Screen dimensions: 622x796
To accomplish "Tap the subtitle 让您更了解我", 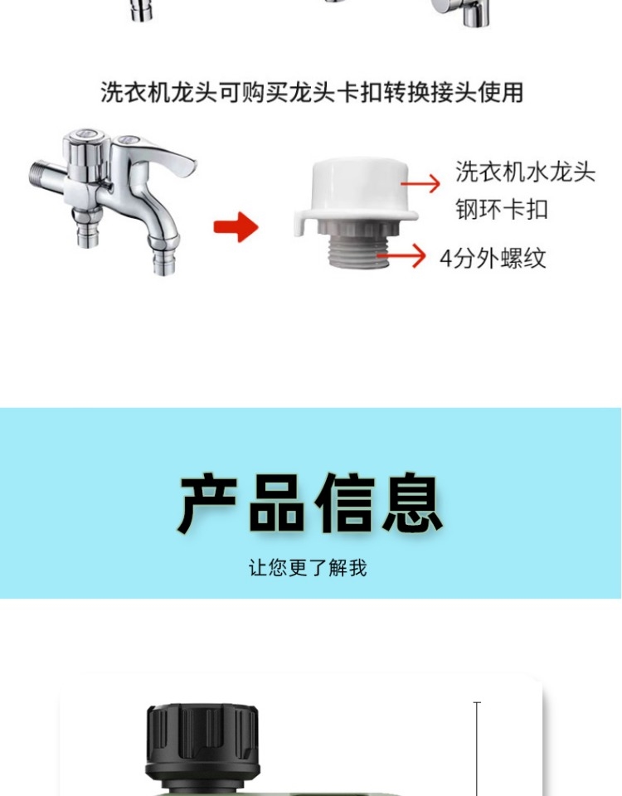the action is [308, 567].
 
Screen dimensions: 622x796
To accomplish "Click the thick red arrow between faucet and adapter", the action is [236, 226].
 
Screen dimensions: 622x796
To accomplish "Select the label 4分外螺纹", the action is [493, 258].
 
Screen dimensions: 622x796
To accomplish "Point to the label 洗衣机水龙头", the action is [525, 172].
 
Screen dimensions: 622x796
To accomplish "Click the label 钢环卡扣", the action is [501, 209].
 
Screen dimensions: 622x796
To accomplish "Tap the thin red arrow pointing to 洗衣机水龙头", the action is [420, 182].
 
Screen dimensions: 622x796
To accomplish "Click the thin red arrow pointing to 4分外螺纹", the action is [401, 255].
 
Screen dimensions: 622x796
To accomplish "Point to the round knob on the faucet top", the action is [85, 143].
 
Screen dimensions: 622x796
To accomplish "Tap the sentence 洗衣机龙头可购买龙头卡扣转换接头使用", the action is [311, 92].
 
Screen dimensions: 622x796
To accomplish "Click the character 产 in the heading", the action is [207, 502].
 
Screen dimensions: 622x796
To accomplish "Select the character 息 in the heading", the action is [412, 502].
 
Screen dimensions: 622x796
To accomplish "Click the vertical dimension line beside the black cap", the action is [477, 749].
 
